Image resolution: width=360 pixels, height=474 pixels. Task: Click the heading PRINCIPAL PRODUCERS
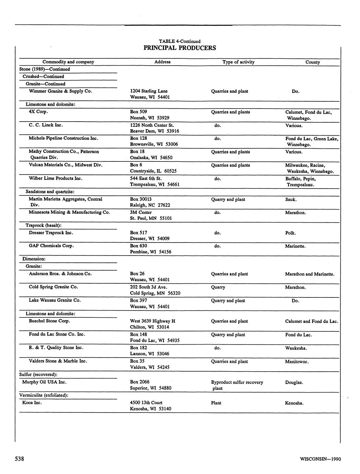(179, 48)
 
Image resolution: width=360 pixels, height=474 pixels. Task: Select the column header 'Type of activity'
(238, 62)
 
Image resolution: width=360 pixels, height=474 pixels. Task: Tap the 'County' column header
(313, 62)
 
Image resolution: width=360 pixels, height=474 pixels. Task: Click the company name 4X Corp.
(38, 112)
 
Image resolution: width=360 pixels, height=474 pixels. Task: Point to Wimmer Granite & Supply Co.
(60, 91)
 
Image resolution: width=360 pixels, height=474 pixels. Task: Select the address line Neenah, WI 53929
(150, 118)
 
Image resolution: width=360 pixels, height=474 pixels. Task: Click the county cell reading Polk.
(291, 233)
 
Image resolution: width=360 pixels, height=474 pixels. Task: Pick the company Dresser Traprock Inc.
(51, 233)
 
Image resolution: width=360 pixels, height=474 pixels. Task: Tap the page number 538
(19, 459)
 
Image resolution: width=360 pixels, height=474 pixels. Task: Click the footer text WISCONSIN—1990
(320, 459)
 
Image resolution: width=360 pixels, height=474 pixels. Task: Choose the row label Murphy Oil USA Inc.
(44, 382)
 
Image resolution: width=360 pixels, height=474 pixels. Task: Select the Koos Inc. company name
(32, 403)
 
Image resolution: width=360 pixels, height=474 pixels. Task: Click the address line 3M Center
(141, 212)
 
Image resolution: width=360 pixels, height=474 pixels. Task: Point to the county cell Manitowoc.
(297, 362)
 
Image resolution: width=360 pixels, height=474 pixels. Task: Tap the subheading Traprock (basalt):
(44, 225)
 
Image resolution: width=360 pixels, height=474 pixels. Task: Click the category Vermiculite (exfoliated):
(44, 395)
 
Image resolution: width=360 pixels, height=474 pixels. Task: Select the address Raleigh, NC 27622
(150, 205)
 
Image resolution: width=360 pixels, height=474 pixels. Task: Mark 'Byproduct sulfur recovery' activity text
(237, 382)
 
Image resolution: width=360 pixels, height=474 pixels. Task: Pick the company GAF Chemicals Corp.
(51, 246)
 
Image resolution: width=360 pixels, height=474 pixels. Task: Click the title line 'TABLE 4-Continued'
(179, 41)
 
